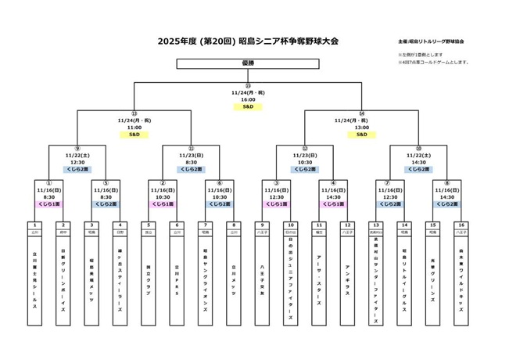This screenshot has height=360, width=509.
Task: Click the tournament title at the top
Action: click(247, 41)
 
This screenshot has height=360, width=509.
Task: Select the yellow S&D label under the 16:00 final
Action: click(248, 107)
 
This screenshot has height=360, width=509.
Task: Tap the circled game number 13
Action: click(134, 113)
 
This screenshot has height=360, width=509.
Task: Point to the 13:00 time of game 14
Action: click(362, 127)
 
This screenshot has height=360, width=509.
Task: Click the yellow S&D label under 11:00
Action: click(134, 134)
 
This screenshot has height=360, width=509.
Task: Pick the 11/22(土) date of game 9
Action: click(77, 155)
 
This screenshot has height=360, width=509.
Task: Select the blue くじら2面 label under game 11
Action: click(192, 168)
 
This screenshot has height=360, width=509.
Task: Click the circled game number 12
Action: click(305, 148)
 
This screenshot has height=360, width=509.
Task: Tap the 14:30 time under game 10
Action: click(418, 162)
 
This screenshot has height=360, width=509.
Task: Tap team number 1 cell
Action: click(34, 225)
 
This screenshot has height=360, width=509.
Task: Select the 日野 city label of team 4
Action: click(120, 232)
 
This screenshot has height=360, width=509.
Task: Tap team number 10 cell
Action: click(290, 225)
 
